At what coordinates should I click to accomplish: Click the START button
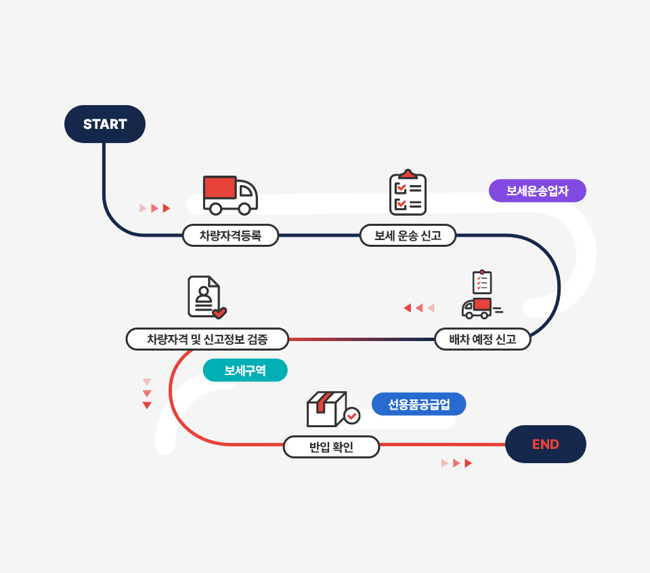pos(105,124)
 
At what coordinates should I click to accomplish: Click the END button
pos(545,444)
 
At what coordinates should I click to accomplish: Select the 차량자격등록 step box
pos(230,235)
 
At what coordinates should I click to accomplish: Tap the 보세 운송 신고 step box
pos(408,235)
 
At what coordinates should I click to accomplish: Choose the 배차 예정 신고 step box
pos(482,339)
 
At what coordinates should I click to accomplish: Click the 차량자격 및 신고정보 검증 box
pos(207,339)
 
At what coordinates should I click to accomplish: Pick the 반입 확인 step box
pos(331,447)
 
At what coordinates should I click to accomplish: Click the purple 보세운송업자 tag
pos(537,191)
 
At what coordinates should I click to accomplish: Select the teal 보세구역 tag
pos(245,370)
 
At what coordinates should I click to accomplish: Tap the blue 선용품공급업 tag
pos(418,404)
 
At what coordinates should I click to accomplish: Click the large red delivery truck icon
pos(230,195)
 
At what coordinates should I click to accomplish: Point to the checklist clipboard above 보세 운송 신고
pos(408,193)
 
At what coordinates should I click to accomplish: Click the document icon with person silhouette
pos(205,297)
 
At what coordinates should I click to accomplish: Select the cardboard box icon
pos(326,409)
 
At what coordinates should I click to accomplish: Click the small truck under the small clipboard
pos(479,309)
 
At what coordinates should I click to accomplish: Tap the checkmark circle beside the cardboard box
pos(352,415)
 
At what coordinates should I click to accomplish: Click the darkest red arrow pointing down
pos(147,406)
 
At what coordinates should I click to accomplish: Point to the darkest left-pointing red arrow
pos(408,309)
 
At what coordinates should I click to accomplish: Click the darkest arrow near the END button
pos(468,463)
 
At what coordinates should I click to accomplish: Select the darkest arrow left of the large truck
pos(167,208)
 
